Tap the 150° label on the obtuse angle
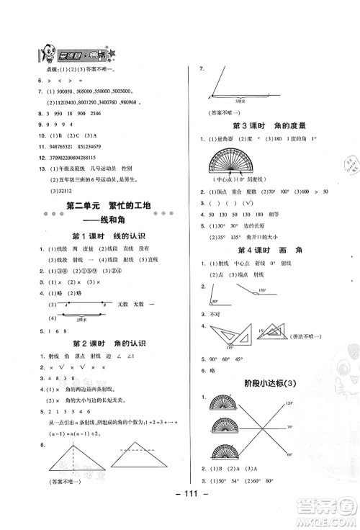(x=262, y=291)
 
